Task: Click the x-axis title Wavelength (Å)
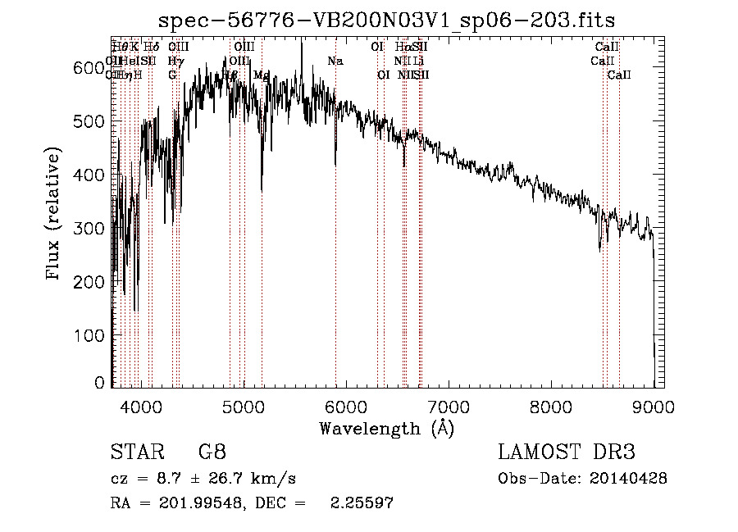(x=386, y=427)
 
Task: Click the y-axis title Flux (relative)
(x=55, y=215)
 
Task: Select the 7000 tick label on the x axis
(x=449, y=407)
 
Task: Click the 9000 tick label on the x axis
(x=654, y=407)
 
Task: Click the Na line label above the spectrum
(x=335, y=61)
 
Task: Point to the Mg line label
(x=262, y=75)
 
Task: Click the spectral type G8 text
(x=212, y=452)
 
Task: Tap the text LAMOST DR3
(x=567, y=452)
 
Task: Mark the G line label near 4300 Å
(x=172, y=75)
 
